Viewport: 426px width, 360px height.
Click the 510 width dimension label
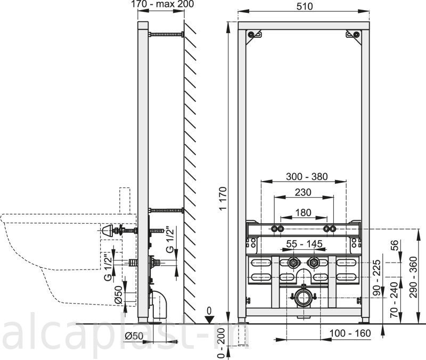tap(305, 6)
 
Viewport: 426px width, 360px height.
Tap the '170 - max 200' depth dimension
tap(162, 4)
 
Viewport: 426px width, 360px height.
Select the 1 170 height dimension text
tap(223, 198)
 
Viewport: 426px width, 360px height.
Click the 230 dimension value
tap(303, 192)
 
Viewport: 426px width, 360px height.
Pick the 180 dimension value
tap(303, 212)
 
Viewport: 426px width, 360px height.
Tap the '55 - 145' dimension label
tap(304, 244)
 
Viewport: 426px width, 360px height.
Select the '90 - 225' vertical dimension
tap(376, 277)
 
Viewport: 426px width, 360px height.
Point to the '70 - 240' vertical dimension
tap(394, 300)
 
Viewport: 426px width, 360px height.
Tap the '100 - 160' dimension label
tap(350, 333)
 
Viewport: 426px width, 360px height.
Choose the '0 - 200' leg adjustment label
tap(222, 343)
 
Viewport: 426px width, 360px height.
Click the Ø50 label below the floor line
tap(134, 337)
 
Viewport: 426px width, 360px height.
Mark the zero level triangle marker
tap(209, 320)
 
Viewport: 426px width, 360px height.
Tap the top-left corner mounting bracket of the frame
tap(254, 36)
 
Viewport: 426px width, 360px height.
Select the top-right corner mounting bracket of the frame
tap(354, 36)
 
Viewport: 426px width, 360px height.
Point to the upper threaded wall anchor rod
tap(166, 34)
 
